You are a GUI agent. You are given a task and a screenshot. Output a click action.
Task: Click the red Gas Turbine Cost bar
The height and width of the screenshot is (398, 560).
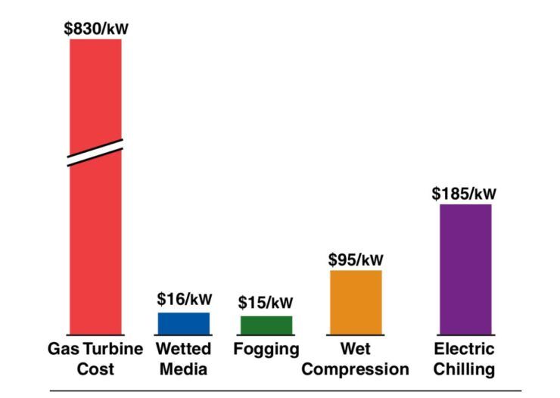(x=95, y=242)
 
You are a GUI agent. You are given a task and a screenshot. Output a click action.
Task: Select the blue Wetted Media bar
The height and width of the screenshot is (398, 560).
(x=183, y=323)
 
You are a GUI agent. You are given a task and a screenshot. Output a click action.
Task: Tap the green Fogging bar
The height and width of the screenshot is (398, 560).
(x=266, y=325)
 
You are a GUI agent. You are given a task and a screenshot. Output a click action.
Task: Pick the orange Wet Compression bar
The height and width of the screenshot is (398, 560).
(x=356, y=302)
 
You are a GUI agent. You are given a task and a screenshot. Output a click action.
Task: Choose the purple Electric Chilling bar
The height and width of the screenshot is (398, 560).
(x=465, y=269)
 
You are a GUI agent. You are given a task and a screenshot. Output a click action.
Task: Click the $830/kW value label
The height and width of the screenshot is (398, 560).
(x=96, y=30)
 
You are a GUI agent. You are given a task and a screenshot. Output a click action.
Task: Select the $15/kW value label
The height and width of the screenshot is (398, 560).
(x=266, y=303)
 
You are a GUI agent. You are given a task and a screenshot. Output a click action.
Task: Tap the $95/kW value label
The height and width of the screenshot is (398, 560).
(x=356, y=259)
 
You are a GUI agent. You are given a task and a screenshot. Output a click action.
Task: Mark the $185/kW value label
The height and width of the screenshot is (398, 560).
(x=465, y=193)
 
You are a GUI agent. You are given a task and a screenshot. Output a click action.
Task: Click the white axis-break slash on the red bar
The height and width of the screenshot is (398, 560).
(x=95, y=152)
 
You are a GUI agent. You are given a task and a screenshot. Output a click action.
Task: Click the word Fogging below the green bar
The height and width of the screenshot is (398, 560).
(x=266, y=350)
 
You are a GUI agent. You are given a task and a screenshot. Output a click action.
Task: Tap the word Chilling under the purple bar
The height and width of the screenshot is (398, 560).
(x=465, y=370)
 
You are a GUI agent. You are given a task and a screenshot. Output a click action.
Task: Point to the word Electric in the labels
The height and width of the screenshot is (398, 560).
(x=465, y=350)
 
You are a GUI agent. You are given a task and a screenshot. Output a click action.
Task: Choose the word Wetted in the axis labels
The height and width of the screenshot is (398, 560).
(x=183, y=350)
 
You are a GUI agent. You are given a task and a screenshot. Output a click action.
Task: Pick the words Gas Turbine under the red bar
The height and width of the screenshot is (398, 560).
(x=95, y=350)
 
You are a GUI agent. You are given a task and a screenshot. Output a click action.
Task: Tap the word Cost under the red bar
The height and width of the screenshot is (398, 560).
(x=95, y=370)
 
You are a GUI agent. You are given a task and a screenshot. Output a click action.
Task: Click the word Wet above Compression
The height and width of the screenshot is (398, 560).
(x=355, y=350)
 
